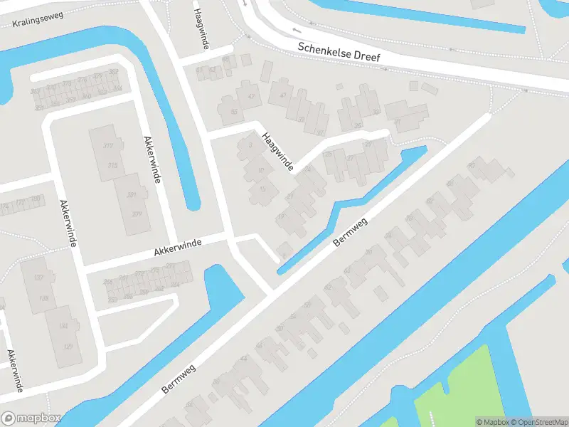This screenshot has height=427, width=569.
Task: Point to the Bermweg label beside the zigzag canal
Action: click(x=353, y=231)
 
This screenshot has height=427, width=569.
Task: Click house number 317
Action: click(x=109, y=146)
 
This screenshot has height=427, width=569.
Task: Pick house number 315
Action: click(x=112, y=165)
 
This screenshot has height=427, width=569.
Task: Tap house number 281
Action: click(x=131, y=195)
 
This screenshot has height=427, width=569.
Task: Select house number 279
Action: click(x=135, y=214)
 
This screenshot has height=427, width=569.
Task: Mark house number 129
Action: click(x=68, y=346)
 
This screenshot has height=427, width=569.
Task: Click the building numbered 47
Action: click(x=250, y=96)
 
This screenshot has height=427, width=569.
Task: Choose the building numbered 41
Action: click(x=283, y=95)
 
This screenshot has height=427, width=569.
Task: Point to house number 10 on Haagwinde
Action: click(x=260, y=171)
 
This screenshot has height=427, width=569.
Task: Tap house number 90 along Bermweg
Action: click(x=471, y=166)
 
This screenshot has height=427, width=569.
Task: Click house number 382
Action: click(x=113, y=73)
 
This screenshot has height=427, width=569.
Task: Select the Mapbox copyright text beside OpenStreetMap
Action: click(x=493, y=422)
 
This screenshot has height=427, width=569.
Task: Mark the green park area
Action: click(x=455, y=388)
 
